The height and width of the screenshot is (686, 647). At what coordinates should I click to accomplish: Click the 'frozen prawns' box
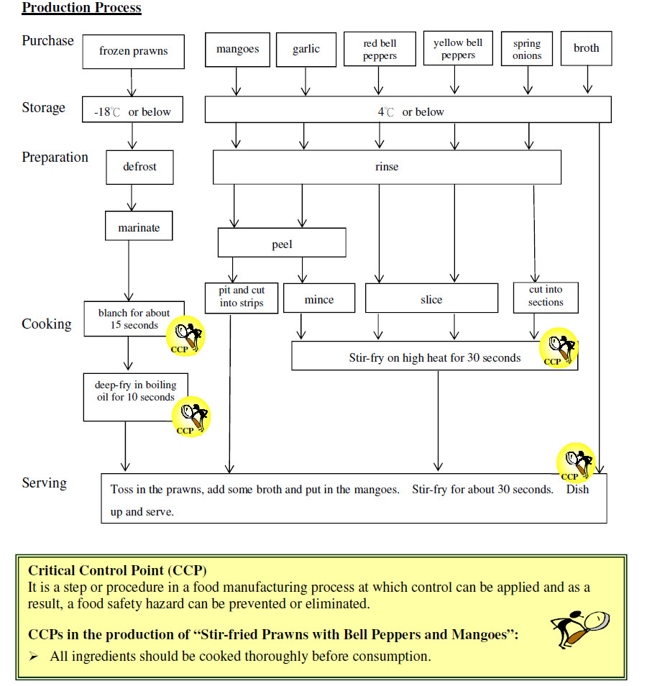pos(134,51)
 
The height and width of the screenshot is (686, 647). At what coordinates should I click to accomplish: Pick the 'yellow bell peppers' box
pos(457,49)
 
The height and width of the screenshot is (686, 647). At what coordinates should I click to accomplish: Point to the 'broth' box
pos(586,49)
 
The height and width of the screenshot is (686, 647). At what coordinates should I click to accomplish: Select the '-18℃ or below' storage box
pos(132,111)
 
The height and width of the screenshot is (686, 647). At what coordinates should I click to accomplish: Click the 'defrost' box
pos(139,167)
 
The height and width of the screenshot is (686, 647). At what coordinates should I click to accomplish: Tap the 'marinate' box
pos(139,228)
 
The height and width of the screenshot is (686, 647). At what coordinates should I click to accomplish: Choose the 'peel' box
pos(282,244)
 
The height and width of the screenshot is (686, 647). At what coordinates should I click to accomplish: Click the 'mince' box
pos(318,299)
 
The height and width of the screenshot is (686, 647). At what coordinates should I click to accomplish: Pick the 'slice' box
pos(431,299)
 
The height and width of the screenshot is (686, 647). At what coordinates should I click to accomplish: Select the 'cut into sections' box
pos(546,296)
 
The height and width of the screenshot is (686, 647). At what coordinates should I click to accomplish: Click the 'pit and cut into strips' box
pos(241,297)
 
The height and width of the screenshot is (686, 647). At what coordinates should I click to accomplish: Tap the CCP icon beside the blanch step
pos(185,336)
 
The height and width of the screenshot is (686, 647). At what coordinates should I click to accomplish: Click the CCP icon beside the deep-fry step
pos(191,416)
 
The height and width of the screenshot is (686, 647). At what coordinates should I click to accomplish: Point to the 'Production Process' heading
pos(81,9)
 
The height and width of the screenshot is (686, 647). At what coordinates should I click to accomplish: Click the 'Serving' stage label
pos(44,483)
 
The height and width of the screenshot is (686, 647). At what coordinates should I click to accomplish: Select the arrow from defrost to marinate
pos(132,196)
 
